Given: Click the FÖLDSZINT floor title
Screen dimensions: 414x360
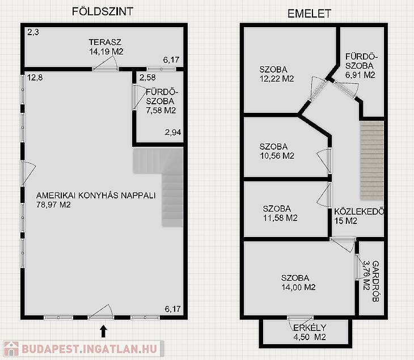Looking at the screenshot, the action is tap(103, 11).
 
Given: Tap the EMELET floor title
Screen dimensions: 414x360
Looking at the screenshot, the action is tap(309, 14).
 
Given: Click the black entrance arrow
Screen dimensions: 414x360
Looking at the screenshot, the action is tap(103, 331).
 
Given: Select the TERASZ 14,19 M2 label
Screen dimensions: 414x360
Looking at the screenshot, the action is tap(106, 46).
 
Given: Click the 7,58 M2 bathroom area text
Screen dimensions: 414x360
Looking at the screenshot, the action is tap(161, 111).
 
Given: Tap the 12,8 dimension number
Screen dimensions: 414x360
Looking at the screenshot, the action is tap(35, 78).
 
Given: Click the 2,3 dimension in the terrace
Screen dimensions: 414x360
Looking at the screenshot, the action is tap(33, 32).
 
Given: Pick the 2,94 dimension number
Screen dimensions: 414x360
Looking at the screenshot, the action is tap(173, 132).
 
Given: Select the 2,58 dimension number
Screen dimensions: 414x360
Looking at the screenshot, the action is tap(147, 78).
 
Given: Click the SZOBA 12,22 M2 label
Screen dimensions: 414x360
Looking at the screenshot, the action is tap(277, 74).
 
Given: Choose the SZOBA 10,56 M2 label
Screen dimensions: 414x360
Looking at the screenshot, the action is tap(277, 151).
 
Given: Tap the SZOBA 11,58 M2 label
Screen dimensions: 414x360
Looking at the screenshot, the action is tap(280, 213).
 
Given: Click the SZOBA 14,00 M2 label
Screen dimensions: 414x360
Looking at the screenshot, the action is tap(298, 282).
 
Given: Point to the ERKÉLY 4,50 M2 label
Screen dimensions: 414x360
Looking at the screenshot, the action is tap(310, 332).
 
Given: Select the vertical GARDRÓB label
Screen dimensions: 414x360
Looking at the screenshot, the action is tap(375, 281).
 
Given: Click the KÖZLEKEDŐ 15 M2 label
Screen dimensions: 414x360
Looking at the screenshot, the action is tap(359, 216).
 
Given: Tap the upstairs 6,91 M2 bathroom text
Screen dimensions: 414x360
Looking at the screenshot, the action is tap(360, 75).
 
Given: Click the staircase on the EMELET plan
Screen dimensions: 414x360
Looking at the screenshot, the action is tap(372, 160).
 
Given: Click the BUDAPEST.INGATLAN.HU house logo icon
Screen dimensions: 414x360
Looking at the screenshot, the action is tap(11, 349).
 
